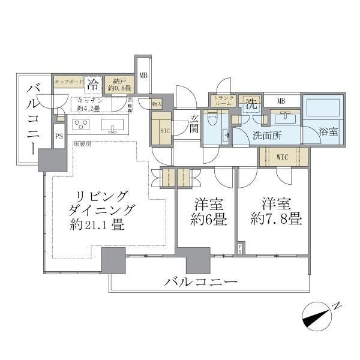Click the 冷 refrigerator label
click(x=93, y=83)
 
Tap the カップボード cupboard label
click(x=68, y=80)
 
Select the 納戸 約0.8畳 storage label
click(x=118, y=85)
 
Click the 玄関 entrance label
click(x=194, y=123)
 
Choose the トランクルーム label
click(x=223, y=100)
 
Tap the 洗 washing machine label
click(x=250, y=103)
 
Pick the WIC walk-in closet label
click(x=283, y=157)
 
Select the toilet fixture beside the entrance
click(x=210, y=121)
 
